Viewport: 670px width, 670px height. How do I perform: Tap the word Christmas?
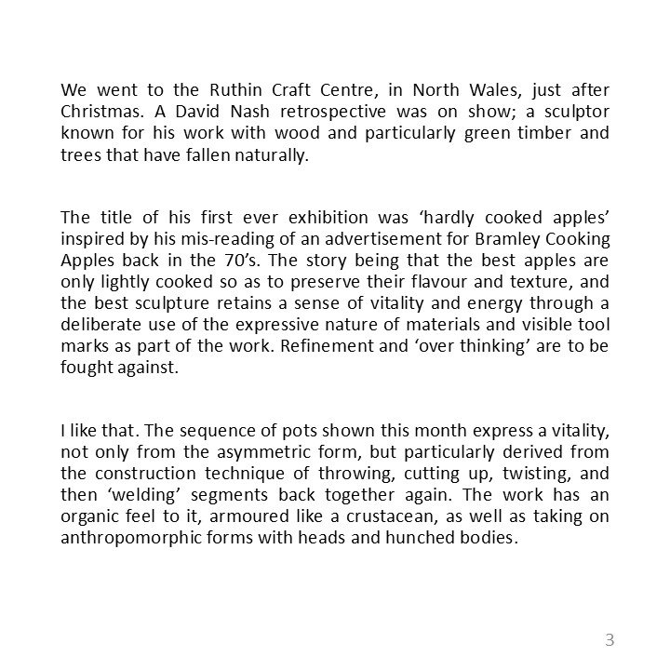[x=100, y=112]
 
